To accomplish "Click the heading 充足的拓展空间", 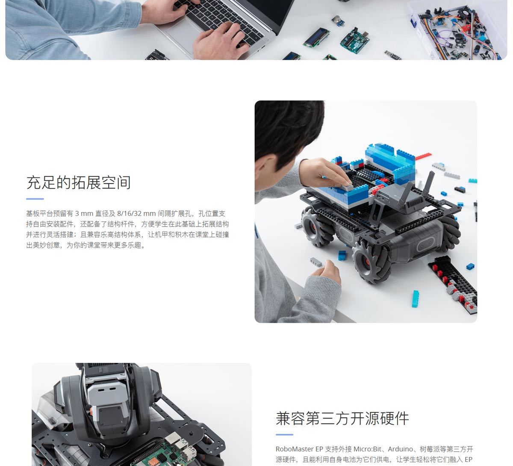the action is pyautogui.click(x=79, y=183).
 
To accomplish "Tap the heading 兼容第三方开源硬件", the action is pyautogui.click(x=342, y=419).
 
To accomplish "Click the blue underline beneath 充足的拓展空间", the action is pyautogui.click(x=35, y=199).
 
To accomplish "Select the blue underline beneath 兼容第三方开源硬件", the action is pyautogui.click(x=284, y=434).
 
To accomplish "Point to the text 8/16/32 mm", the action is pyautogui.click(x=136, y=214).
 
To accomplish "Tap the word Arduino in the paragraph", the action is pyautogui.click(x=400, y=449).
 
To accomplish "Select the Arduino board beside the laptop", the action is pyautogui.click(x=355, y=41).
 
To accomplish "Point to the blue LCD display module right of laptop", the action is pyautogui.click(x=316, y=38).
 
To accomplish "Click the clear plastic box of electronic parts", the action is pyautogui.click(x=458, y=30).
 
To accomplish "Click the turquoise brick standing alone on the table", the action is pyautogui.click(x=415, y=299).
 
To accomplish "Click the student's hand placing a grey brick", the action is pyautogui.click(x=325, y=173).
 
